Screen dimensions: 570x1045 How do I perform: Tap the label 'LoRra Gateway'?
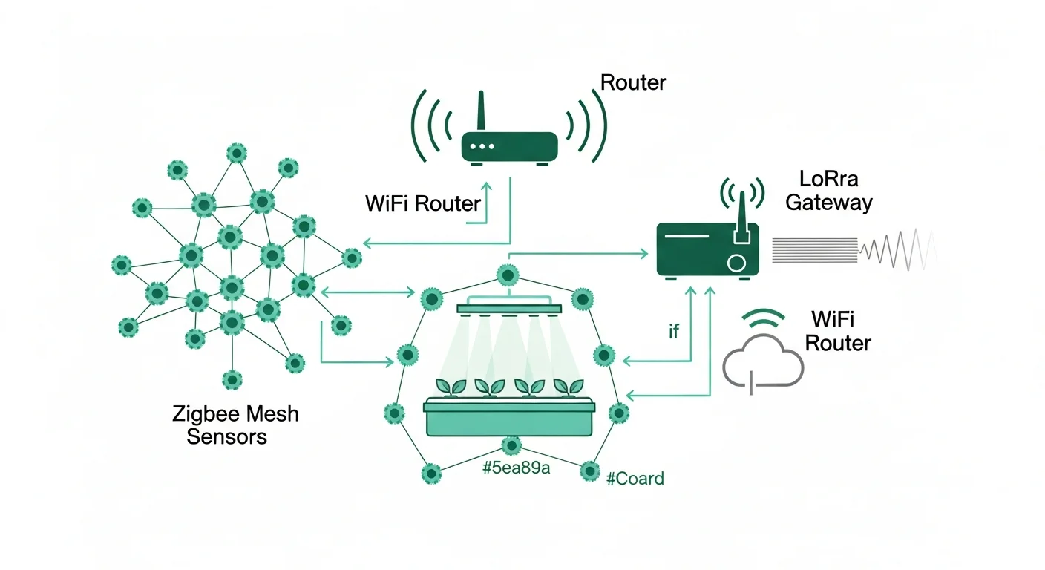(x=829, y=190)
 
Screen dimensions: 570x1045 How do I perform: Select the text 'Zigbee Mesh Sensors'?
(x=235, y=425)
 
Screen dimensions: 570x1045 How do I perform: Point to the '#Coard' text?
(x=635, y=479)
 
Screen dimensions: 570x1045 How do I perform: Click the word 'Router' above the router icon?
(x=633, y=82)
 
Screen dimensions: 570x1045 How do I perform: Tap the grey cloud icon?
(x=763, y=359)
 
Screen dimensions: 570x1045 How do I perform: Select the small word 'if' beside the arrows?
(x=673, y=332)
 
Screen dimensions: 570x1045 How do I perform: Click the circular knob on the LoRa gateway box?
(x=736, y=263)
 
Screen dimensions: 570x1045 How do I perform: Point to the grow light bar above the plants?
(x=510, y=308)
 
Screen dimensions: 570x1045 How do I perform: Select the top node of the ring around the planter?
(x=508, y=276)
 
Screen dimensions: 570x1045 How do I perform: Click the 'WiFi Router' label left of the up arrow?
(x=423, y=203)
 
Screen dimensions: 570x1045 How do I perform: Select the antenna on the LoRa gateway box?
(x=741, y=215)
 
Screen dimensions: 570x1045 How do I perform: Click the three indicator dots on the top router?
(x=483, y=146)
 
